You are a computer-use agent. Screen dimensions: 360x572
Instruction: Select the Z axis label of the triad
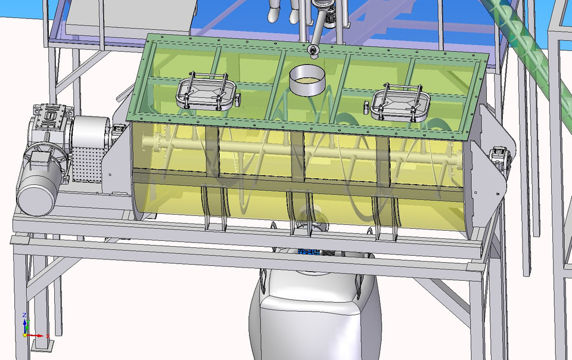tap(24, 315)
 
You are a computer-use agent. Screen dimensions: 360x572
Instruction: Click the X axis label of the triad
tap(47, 336)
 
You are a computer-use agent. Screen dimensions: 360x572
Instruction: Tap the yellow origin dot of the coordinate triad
tap(25, 335)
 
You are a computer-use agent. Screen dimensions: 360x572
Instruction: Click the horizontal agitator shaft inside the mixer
tap(298, 150)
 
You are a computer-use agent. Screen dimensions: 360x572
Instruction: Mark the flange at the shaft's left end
tap(158, 143)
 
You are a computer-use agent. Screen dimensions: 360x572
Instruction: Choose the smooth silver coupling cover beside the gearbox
tap(92, 128)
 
